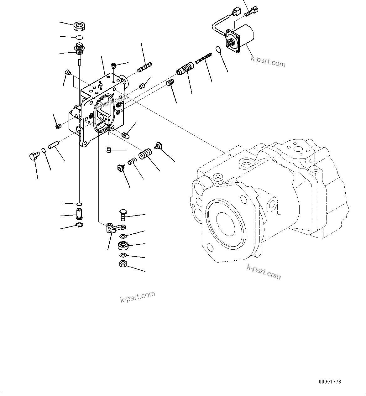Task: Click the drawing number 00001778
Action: coord(330,382)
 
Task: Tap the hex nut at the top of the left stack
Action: coord(79,26)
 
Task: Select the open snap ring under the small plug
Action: coord(80,225)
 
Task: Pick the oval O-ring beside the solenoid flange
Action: coord(218,49)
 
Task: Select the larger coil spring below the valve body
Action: coord(145,154)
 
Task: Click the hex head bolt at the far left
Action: coord(34,155)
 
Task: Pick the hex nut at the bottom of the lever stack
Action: coord(123,264)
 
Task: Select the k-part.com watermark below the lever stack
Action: coord(138,297)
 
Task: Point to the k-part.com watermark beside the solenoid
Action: coord(268,62)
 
